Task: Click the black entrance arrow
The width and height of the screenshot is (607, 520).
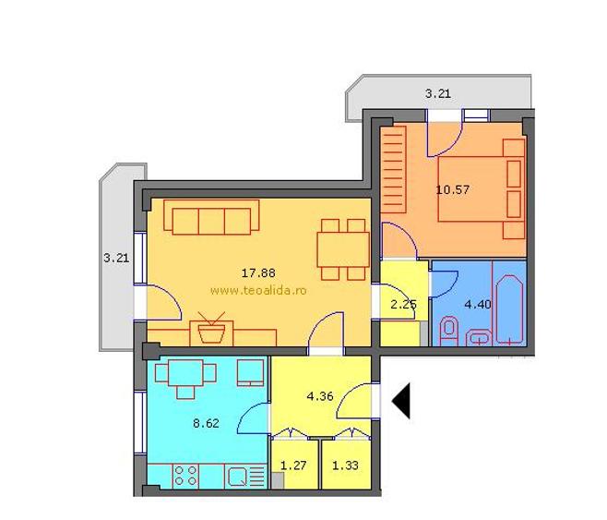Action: (402, 401)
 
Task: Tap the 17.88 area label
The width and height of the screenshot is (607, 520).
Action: (258, 272)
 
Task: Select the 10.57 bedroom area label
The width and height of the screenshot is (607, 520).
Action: (453, 190)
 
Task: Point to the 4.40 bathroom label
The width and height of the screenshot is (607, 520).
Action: (478, 304)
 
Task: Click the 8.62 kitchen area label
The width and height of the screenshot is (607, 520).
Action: (206, 423)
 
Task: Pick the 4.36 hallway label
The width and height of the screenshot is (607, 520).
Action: (320, 396)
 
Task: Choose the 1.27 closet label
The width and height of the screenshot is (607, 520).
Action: (293, 465)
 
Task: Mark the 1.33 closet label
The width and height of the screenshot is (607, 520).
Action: (345, 465)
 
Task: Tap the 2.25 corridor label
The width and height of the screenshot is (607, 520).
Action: (403, 305)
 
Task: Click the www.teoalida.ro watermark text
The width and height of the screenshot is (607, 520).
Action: (258, 290)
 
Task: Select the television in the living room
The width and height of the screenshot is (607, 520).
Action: (211, 329)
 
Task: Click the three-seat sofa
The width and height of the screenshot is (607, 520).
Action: (211, 217)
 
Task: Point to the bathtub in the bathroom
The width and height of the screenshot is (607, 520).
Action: (509, 309)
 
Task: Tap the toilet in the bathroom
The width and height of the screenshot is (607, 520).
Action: (449, 332)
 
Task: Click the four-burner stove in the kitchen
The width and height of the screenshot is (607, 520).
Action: (185, 476)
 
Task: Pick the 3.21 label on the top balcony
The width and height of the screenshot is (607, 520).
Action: (438, 94)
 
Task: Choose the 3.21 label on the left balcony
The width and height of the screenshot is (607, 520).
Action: (116, 258)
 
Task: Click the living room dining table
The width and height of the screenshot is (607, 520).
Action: (343, 249)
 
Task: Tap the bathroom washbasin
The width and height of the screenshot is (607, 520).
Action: (479, 338)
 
